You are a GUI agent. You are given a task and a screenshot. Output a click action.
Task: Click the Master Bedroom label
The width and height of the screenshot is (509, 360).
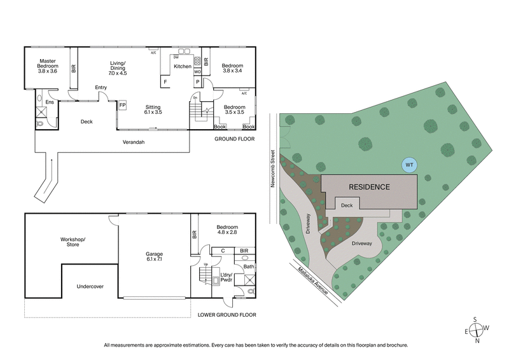click(x=48, y=66)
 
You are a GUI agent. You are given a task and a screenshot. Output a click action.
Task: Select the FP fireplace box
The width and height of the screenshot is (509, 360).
click(x=122, y=105)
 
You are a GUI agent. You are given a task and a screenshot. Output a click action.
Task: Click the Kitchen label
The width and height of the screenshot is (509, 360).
click(x=183, y=66)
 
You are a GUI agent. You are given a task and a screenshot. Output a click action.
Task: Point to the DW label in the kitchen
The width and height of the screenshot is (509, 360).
click(x=176, y=57)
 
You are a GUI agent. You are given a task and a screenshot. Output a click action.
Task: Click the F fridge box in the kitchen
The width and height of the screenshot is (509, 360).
click(x=165, y=82)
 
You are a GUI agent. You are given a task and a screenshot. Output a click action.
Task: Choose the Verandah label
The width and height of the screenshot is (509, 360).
click(x=134, y=142)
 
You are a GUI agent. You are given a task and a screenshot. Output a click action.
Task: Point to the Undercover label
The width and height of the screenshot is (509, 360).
click(x=90, y=286)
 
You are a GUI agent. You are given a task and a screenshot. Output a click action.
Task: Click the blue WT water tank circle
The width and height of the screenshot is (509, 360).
click(x=410, y=165)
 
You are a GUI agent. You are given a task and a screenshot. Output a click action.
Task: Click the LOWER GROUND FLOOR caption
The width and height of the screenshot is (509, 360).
click(x=227, y=314)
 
